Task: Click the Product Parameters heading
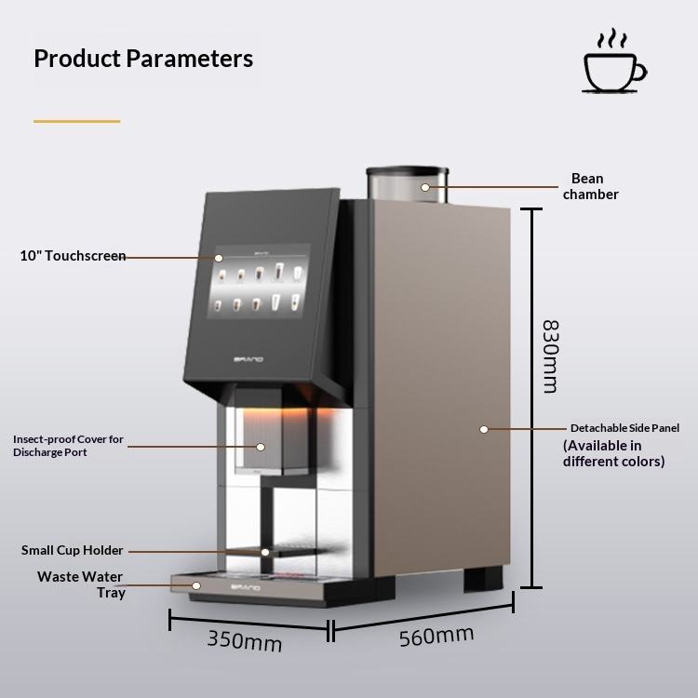click(143, 59)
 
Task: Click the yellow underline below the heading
click(76, 121)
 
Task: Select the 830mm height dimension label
click(550, 356)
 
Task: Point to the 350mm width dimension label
click(245, 640)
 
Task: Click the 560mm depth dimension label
click(436, 636)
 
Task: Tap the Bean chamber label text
click(590, 186)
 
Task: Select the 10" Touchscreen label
click(73, 256)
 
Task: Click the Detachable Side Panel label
click(624, 428)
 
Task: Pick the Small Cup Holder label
click(72, 550)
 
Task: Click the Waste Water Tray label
click(81, 585)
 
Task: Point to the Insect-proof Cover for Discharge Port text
click(68, 446)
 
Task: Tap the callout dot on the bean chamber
click(425, 187)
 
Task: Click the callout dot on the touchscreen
click(219, 258)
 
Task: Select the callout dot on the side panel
click(484, 429)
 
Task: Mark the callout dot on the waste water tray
click(196, 585)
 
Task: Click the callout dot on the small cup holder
click(265, 552)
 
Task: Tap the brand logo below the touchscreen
click(248, 359)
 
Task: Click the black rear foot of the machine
click(483, 579)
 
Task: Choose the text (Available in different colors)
click(614, 453)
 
